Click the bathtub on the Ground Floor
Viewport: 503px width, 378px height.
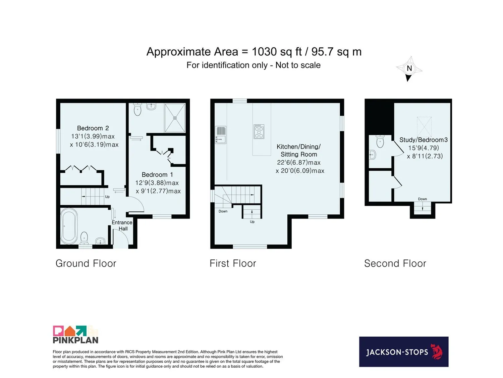click(x=69, y=226)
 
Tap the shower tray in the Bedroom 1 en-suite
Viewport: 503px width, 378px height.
click(x=175, y=118)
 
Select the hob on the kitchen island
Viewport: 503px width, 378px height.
click(x=259, y=131)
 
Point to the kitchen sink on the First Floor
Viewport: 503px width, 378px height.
click(x=221, y=135)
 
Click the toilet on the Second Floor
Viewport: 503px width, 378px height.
click(x=380, y=141)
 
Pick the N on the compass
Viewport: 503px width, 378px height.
click(x=409, y=68)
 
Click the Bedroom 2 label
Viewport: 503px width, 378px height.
click(x=93, y=128)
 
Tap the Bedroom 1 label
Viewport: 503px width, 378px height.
click(x=157, y=175)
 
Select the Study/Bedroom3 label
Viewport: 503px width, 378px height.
click(x=424, y=140)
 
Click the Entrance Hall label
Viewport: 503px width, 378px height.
click(x=122, y=225)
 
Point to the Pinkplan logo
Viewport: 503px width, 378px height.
click(x=75, y=334)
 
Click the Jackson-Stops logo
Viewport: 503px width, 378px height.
click(x=404, y=352)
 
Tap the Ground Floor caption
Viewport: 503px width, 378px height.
click(x=86, y=263)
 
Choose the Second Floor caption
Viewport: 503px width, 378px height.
click(x=395, y=263)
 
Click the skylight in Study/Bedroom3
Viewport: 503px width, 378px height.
click(x=424, y=127)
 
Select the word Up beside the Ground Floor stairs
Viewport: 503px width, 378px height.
click(x=107, y=197)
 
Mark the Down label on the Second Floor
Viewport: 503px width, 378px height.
click(x=422, y=199)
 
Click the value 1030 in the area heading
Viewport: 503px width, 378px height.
click(x=264, y=52)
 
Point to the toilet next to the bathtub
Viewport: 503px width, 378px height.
click(x=84, y=238)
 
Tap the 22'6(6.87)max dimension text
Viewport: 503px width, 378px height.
click(x=299, y=163)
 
